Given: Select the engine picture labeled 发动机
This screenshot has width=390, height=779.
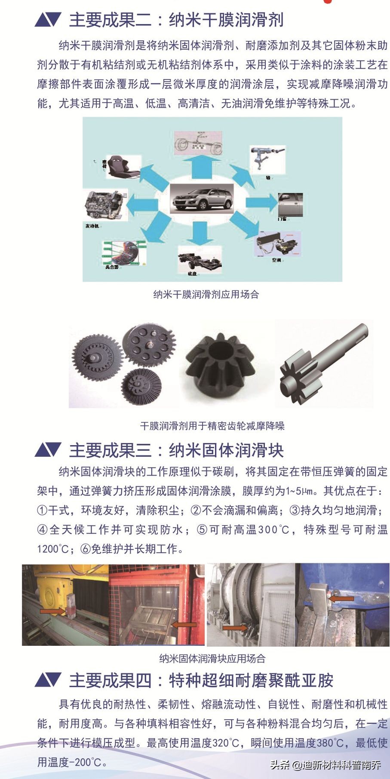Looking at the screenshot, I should (104, 205).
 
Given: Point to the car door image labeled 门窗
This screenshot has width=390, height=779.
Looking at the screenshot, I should (291, 205).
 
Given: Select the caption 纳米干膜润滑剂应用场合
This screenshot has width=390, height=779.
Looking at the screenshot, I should (206, 294).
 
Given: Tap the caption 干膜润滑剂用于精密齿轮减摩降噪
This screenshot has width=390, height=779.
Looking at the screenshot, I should (212, 426).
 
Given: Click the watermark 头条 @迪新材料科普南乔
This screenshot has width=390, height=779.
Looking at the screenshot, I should (325, 765).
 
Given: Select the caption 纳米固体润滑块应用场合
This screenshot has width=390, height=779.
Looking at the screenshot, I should (212, 658).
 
